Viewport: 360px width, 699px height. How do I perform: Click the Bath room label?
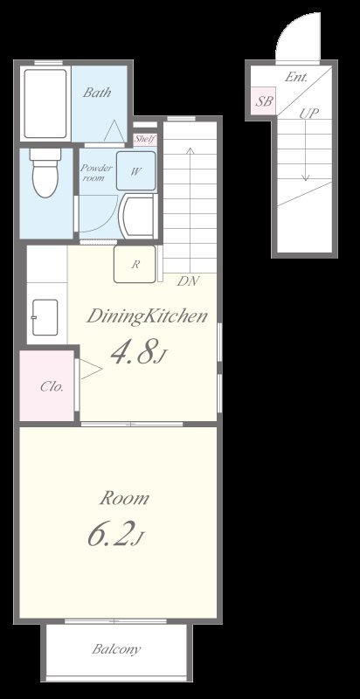click(x=97, y=93)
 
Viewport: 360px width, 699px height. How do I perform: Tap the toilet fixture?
click(x=45, y=173)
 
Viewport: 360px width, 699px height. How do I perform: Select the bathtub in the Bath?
click(x=45, y=103)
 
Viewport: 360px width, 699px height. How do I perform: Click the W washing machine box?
click(x=136, y=170)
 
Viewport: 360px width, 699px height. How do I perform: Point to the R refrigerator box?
click(x=135, y=264)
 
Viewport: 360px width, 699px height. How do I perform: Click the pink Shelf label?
click(x=145, y=139)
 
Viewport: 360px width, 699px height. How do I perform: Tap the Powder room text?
click(x=96, y=173)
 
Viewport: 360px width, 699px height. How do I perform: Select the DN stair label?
click(x=188, y=281)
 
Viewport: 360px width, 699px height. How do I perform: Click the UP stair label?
click(x=308, y=114)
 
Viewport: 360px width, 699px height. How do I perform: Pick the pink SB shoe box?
click(x=264, y=101)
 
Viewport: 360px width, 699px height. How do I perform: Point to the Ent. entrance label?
click(x=296, y=77)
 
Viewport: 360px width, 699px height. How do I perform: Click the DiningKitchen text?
click(x=148, y=316)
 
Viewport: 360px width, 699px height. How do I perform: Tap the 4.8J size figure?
click(x=138, y=353)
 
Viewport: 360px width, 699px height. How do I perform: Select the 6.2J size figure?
click(x=115, y=534)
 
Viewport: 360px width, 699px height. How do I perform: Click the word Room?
click(x=124, y=498)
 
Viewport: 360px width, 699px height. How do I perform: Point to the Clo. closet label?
click(x=52, y=386)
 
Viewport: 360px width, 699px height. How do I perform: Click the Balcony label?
click(x=116, y=649)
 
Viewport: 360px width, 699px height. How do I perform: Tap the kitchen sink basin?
click(x=45, y=317)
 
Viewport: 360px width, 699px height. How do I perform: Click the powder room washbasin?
click(x=139, y=216)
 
